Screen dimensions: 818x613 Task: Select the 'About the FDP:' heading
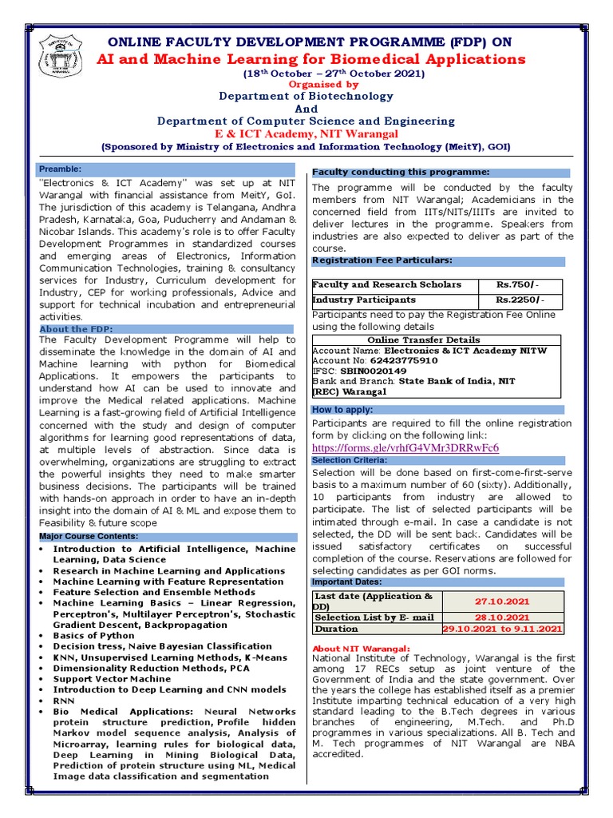point(77,329)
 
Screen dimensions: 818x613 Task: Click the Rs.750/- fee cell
point(518,285)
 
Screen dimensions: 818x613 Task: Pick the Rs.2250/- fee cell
point(518,300)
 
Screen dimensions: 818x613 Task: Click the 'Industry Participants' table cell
point(364,300)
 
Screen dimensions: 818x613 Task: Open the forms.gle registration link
point(405,447)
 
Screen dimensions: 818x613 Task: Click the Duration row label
point(338,629)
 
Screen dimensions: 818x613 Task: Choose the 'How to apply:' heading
point(342,410)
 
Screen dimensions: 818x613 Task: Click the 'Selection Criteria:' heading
point(349,461)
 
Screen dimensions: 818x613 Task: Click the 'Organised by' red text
point(301,84)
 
